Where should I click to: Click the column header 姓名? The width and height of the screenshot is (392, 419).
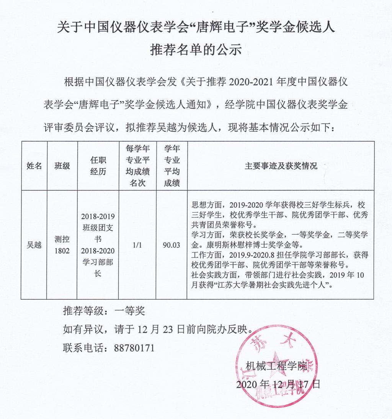click(34, 166)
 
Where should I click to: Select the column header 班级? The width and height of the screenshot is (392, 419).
click(62, 166)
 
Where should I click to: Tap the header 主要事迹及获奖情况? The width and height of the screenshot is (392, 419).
click(281, 166)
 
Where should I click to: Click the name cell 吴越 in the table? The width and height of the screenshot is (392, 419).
click(34, 245)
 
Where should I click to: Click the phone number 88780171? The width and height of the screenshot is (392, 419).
click(134, 348)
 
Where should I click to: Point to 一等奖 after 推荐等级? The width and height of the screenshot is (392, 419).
click(130, 311)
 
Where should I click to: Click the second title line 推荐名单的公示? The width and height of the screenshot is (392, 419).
click(196, 50)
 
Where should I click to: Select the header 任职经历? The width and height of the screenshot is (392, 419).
click(98, 166)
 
